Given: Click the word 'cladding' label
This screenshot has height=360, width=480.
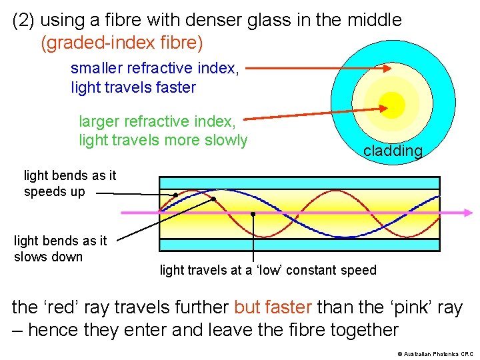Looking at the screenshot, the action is (393, 151).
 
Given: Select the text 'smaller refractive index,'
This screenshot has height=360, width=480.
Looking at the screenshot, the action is (155, 68).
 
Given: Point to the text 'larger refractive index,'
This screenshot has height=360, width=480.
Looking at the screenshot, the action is (157, 121).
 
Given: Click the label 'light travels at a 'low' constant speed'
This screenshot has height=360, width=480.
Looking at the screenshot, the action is (268, 270).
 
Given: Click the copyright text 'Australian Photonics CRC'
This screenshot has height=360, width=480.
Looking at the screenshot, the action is (436, 354).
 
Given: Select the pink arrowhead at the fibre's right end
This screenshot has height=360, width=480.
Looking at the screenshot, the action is (469, 213).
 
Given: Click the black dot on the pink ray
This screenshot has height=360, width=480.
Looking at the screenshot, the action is (253, 214).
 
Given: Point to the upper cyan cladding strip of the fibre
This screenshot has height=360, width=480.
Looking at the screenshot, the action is (299, 183).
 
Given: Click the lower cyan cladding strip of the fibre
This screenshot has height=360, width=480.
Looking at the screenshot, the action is (299, 245).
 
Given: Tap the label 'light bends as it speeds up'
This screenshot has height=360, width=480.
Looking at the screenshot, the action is (69, 183).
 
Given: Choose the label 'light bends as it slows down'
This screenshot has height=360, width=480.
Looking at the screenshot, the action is (60, 249).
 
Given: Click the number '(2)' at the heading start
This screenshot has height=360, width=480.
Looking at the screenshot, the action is (24, 21).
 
